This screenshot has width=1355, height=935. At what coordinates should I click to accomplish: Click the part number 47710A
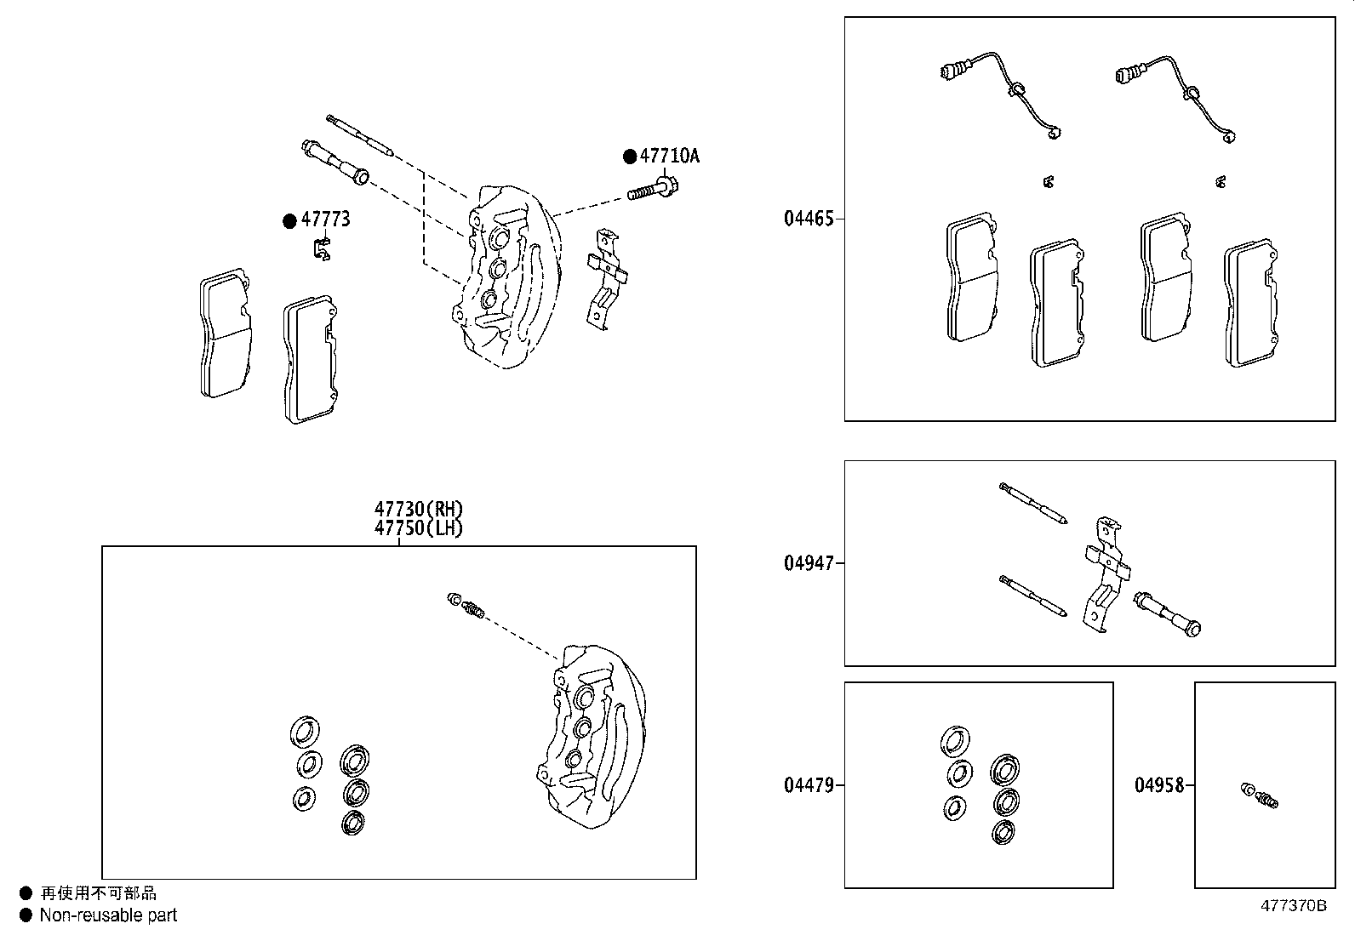tap(669, 156)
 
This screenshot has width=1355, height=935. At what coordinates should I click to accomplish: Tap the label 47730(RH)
tap(419, 510)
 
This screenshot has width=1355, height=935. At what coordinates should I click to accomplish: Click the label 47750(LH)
tap(419, 527)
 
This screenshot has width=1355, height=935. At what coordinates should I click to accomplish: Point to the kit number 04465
tap(809, 219)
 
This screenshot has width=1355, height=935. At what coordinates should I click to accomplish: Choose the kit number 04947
tap(809, 562)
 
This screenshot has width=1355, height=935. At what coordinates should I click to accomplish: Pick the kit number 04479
tap(809, 784)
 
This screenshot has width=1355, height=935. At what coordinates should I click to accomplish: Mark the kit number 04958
tap(1158, 784)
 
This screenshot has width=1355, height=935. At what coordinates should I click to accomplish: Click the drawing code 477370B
tap(1293, 905)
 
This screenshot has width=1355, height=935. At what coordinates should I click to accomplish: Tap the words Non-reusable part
tap(108, 915)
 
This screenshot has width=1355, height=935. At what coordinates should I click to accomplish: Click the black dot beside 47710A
tap(630, 157)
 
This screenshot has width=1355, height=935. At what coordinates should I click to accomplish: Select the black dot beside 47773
tap(289, 220)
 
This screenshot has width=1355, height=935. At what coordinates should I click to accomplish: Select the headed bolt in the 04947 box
tap(1168, 614)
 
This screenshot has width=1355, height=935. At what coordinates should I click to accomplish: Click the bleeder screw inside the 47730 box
tap(466, 605)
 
